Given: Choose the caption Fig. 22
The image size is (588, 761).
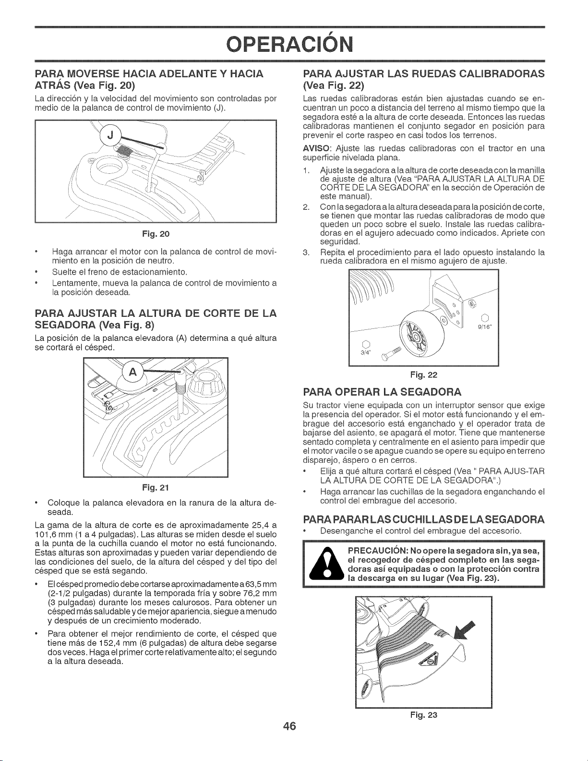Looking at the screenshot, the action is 424,374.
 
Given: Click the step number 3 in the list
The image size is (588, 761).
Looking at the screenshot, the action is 306,253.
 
